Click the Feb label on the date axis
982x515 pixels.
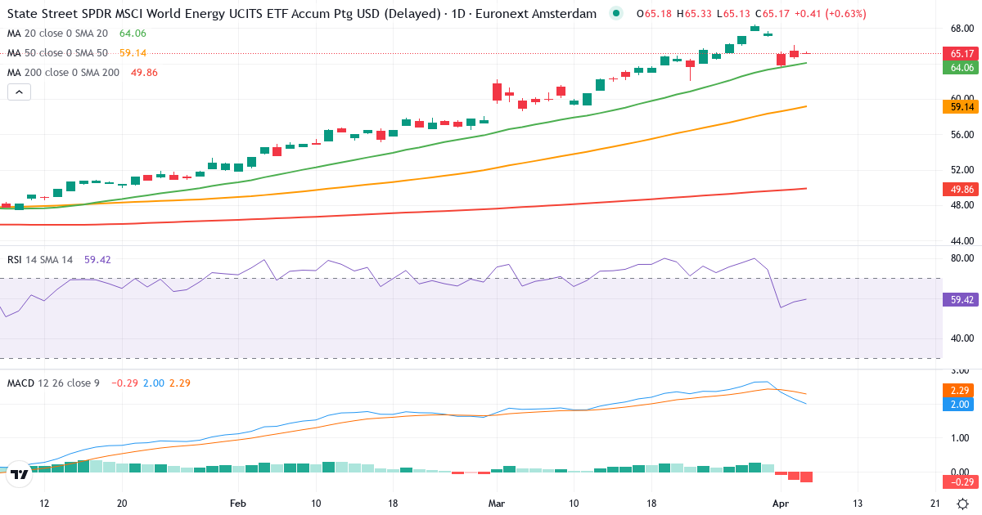tap(237, 504)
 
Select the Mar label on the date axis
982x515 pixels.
tap(496, 504)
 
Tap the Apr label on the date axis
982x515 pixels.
tap(779, 504)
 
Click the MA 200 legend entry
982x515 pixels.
tap(64, 73)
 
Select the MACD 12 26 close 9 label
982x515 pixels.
tap(53, 383)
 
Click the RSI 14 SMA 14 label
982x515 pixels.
tap(40, 260)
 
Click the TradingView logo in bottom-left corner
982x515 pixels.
tap(20, 474)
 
